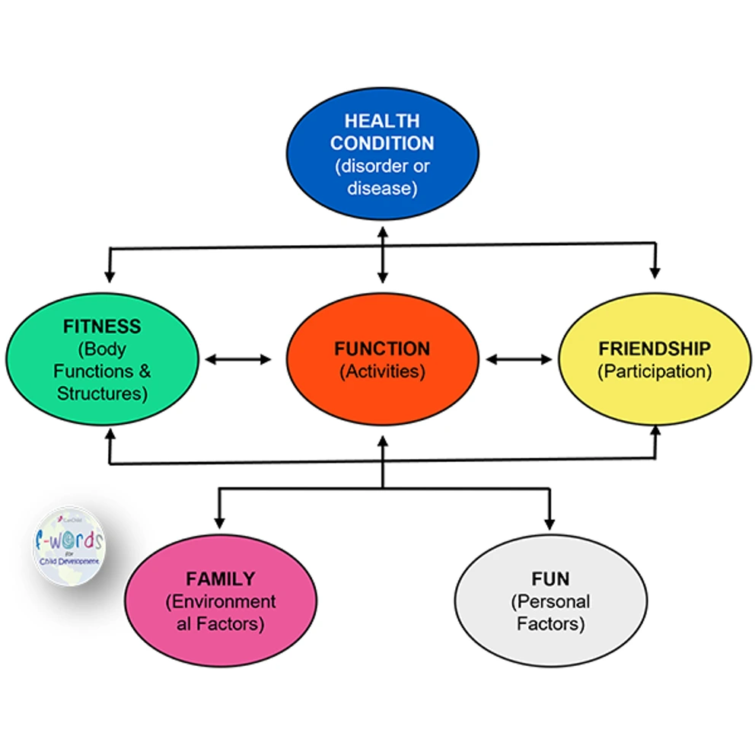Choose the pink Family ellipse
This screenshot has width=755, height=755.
pyautogui.click(x=220, y=601)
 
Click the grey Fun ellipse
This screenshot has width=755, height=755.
pyautogui.click(x=550, y=601)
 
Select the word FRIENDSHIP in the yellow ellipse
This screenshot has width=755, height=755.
pyautogui.click(x=655, y=349)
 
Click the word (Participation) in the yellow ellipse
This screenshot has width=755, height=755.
pyautogui.click(x=655, y=371)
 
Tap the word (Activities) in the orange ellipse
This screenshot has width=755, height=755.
pyautogui.click(x=382, y=371)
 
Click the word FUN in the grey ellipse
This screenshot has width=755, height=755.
pyautogui.click(x=550, y=578)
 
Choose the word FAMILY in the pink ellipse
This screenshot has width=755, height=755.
pyautogui.click(x=220, y=578)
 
